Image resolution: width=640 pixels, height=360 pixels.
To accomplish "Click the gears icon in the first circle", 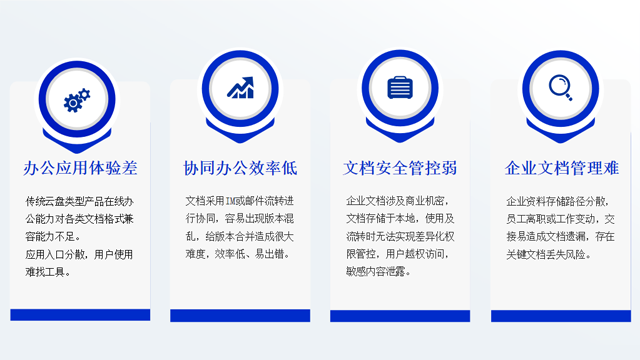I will (x=78, y=99).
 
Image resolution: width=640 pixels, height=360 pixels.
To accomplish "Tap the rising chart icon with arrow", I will (x=240, y=88).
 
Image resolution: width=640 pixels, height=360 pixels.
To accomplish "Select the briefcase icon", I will (x=401, y=87).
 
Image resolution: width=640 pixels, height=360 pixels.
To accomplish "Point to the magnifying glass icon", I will (x=561, y=87).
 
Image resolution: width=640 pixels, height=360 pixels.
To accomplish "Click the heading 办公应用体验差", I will (x=80, y=167).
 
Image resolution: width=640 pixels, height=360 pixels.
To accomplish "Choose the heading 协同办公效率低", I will (x=240, y=167).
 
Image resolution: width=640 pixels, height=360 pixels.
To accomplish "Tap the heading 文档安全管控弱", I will (x=400, y=167).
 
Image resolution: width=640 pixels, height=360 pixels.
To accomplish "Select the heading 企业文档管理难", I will (x=561, y=167).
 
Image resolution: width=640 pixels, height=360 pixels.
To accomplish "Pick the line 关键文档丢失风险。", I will (x=549, y=254).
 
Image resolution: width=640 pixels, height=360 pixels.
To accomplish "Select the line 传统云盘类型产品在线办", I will (x=78, y=200).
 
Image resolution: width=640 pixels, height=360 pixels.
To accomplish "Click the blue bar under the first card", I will (x=80, y=315).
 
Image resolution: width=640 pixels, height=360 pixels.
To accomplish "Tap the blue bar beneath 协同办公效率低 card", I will (x=240, y=315).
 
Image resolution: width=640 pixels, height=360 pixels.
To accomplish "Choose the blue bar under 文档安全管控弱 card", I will (x=400, y=315).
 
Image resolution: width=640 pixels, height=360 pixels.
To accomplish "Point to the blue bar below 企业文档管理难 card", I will (x=561, y=315).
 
